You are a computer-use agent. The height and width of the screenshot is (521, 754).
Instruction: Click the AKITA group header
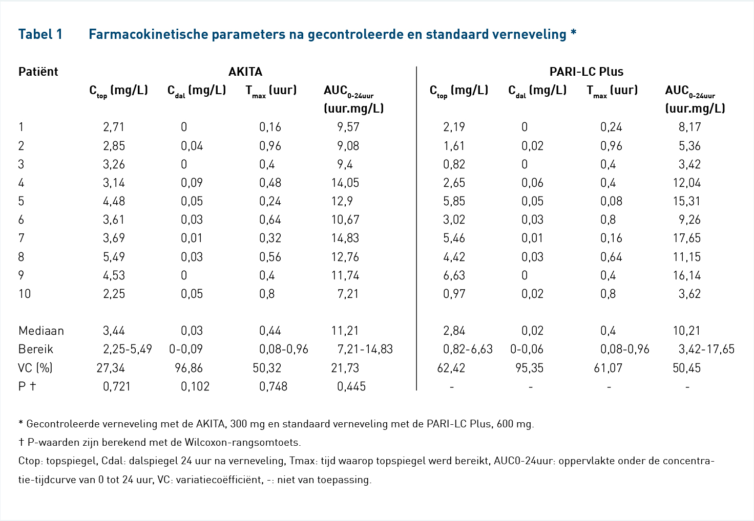[x=245, y=72]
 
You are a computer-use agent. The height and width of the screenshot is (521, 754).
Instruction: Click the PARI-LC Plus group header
[x=587, y=72]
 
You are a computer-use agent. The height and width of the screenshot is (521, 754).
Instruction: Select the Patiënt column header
[x=38, y=72]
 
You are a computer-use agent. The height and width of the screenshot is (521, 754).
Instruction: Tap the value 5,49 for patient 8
[x=114, y=257]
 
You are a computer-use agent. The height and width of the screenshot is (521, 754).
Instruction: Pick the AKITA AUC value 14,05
[x=345, y=183]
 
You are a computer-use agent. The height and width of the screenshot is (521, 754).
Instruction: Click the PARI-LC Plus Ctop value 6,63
[x=454, y=275]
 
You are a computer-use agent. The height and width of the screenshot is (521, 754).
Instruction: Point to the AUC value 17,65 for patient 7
[x=687, y=238]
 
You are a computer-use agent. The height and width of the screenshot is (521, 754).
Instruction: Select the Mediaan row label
[x=41, y=331]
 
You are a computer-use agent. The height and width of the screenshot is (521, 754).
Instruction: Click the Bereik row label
[x=36, y=349]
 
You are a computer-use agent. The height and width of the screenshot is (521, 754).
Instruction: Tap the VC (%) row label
[x=35, y=368]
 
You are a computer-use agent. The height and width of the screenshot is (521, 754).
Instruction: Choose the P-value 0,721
[x=116, y=386]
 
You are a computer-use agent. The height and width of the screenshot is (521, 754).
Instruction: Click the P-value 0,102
[x=195, y=386]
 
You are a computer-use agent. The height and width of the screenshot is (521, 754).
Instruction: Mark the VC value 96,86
[x=189, y=368]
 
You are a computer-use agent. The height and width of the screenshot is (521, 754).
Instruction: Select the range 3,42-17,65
[x=706, y=349]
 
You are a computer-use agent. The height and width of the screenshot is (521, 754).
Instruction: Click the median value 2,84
[x=454, y=331]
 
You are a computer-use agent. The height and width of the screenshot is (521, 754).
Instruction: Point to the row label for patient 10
[x=25, y=294]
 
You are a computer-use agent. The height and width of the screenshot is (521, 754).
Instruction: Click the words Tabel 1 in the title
[x=40, y=34]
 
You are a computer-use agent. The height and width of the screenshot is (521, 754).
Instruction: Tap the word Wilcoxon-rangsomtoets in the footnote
[x=242, y=442]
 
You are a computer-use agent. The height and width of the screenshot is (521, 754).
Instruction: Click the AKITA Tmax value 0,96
[x=270, y=146]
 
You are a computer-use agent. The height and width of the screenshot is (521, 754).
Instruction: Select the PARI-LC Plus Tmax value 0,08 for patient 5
[x=611, y=201]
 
